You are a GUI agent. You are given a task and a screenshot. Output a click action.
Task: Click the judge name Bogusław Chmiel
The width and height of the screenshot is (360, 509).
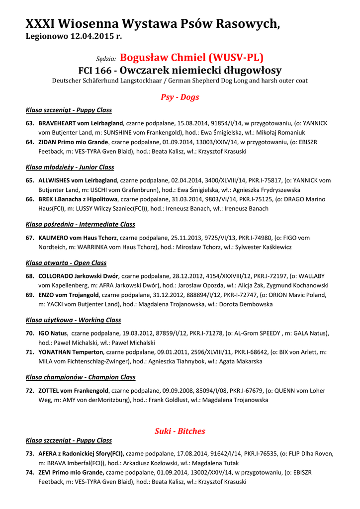tap(191, 57)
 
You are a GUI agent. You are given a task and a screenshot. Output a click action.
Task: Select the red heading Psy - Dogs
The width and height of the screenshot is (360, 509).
tap(180, 97)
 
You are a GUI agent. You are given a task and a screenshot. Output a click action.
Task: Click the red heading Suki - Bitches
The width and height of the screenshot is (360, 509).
tap(180, 431)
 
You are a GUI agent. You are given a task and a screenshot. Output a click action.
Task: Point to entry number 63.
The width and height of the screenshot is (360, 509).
tap(30, 123)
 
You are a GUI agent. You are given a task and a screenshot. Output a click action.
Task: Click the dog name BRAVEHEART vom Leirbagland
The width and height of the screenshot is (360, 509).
tap(81, 123)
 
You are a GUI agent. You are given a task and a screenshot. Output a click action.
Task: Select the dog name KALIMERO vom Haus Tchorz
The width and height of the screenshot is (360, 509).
tap(78, 238)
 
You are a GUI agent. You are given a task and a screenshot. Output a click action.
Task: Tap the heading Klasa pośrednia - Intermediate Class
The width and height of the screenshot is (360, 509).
tap(80, 225)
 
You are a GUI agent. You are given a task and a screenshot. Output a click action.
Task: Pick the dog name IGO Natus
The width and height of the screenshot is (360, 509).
tap(53, 333)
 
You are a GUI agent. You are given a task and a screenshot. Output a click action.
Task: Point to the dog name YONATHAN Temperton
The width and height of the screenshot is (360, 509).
tap(71, 352)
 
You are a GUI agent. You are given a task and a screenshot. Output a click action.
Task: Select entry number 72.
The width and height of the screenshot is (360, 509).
tap(30, 391)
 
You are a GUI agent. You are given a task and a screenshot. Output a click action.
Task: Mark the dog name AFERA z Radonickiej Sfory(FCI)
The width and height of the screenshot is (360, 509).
tap(81, 453)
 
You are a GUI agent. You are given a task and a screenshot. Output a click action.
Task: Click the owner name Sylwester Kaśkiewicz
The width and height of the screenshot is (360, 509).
tap(264, 247)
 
